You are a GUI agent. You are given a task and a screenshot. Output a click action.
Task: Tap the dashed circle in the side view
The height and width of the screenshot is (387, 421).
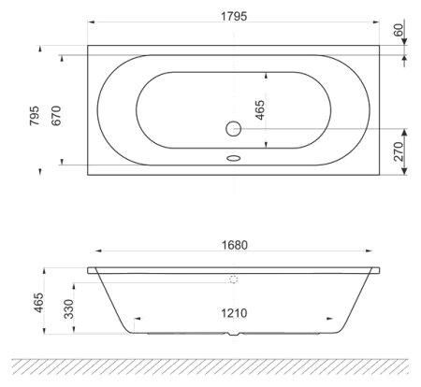point(233,279)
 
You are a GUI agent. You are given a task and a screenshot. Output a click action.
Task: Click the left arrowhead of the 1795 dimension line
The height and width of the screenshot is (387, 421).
point(91,26)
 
